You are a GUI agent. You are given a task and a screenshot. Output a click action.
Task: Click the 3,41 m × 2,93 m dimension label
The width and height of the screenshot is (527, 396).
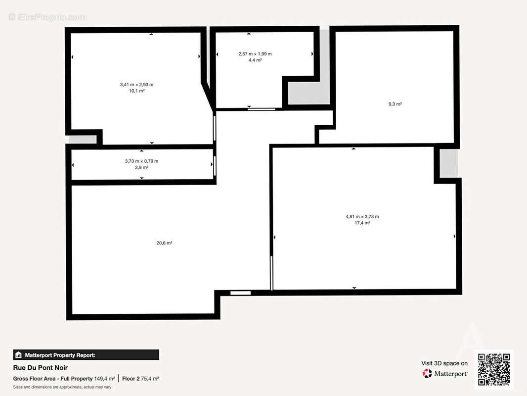pyautogui.click(x=136, y=85)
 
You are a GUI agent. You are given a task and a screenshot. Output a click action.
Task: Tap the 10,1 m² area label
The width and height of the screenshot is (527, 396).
pyautogui.click(x=137, y=91)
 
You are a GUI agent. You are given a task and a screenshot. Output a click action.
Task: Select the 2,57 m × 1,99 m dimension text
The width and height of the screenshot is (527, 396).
pyautogui.click(x=255, y=54)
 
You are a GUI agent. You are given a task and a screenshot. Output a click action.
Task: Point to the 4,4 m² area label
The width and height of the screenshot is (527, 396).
pyautogui.click(x=255, y=60)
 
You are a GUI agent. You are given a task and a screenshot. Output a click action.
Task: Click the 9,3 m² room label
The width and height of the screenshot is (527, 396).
pyautogui.click(x=395, y=104)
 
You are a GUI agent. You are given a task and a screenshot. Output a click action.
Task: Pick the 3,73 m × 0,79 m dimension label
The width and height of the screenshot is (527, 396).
pyautogui.click(x=141, y=161)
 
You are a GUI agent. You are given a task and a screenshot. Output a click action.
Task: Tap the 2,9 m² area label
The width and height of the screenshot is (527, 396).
pyautogui.click(x=141, y=167)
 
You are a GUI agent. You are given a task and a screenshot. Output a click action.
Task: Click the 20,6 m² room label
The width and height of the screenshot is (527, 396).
pyautogui.click(x=164, y=243)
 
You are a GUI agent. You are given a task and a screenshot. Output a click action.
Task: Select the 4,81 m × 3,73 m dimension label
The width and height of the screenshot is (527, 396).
pyautogui.click(x=362, y=217)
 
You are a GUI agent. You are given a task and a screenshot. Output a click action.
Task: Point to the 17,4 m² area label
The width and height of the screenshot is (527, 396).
pyautogui.click(x=362, y=223)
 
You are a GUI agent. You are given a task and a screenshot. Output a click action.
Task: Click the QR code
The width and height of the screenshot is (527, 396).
pyautogui.click(x=494, y=369)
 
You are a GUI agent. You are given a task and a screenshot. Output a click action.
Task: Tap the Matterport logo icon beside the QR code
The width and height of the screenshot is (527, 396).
pyautogui.click(x=427, y=373)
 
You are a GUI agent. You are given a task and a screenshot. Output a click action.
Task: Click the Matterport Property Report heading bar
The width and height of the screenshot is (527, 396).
pyautogui.click(x=86, y=355)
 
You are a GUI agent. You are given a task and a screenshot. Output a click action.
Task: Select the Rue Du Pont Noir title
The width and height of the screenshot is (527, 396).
pyautogui.click(x=41, y=368)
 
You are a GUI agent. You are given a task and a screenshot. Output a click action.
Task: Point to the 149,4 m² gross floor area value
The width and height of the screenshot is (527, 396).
pyautogui.click(x=104, y=379)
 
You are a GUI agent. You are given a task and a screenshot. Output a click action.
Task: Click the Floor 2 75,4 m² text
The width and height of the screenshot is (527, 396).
pyautogui.click(x=140, y=379)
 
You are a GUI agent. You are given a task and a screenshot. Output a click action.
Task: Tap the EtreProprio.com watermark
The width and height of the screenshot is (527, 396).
pyautogui.click(x=47, y=17)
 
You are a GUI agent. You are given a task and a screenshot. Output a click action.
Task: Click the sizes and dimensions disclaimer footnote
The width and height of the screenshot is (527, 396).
pyautogui.click(x=62, y=387)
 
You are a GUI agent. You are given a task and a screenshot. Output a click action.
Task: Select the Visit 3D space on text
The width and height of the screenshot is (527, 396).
pyautogui.click(x=444, y=363)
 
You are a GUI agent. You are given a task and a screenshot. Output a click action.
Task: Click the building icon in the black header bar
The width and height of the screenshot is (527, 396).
pyautogui.click(x=18, y=355)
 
